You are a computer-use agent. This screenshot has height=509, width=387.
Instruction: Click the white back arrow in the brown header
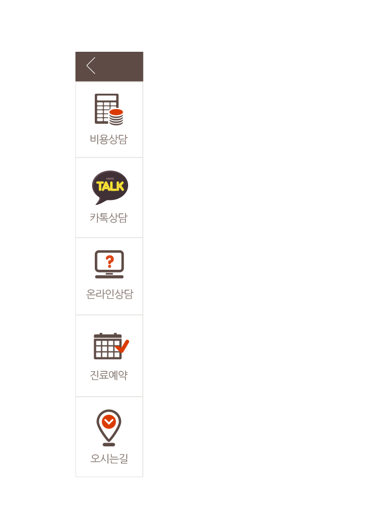click(x=91, y=65)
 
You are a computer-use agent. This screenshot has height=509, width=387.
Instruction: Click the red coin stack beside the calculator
click(x=116, y=117)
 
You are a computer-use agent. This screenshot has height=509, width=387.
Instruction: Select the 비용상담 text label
click(x=109, y=140)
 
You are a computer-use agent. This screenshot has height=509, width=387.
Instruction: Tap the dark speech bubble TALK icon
click(x=110, y=187)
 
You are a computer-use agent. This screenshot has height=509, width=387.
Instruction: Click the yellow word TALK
click(x=110, y=186)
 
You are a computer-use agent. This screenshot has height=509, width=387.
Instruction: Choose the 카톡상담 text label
click(x=109, y=217)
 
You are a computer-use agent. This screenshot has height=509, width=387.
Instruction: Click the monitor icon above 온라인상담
click(x=110, y=264)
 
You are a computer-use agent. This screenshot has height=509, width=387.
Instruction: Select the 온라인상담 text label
click(x=110, y=294)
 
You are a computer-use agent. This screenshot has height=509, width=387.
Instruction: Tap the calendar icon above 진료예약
click(x=108, y=346)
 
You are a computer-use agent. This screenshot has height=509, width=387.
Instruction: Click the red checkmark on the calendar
click(x=122, y=347)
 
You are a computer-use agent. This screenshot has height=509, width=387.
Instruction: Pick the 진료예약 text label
click(x=109, y=375)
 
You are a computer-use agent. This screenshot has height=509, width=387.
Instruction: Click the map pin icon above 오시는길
click(x=109, y=427)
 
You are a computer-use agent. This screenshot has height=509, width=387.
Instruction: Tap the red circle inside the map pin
click(x=109, y=422)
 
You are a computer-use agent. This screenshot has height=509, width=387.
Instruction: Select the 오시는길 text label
click(x=109, y=458)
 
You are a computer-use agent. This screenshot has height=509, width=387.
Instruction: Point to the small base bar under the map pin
click(x=109, y=444)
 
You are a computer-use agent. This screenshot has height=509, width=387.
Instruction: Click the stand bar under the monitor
click(x=110, y=277)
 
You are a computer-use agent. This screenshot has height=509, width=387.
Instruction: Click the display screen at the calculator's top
click(x=107, y=98)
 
